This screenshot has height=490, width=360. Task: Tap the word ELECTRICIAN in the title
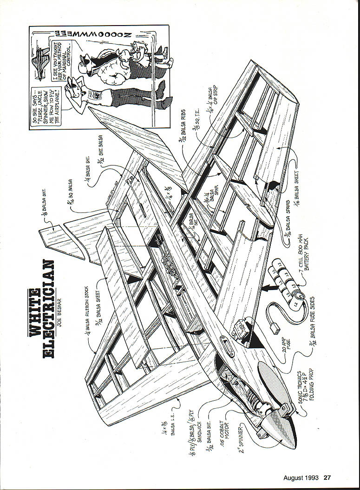(48, 309)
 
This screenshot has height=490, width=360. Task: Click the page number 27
(327, 477)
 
